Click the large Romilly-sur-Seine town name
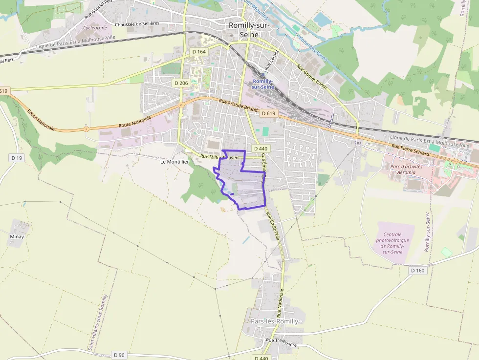pos(252,30)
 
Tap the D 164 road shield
pos(199,51)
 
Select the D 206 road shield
pos(181,83)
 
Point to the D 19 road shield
pos(17,158)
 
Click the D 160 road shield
pos(418,270)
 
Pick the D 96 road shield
pos(119,355)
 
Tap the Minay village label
pos(17,236)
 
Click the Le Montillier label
pos(174,161)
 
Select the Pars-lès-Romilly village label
pos(274,321)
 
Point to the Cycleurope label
pos(95,28)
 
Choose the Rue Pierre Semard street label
pos(411,150)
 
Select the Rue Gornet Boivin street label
pos(312,75)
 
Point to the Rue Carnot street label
pos(271,59)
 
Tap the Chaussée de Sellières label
pos(137,23)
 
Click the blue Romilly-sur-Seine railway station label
pos(262,84)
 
